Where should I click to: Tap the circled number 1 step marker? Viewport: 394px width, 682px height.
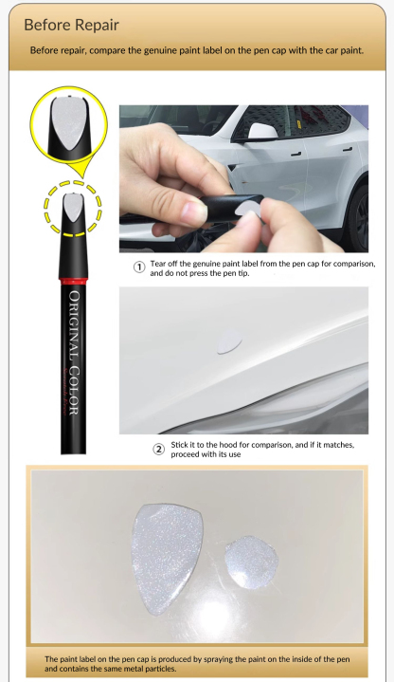coord(137,267)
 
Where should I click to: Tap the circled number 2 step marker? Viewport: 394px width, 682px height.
coord(158,449)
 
